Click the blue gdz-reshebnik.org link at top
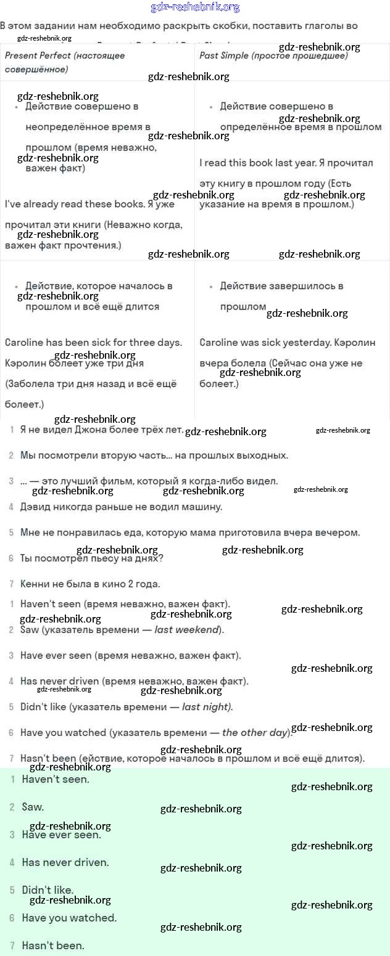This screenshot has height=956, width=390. (195, 7)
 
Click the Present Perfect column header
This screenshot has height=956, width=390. (65, 55)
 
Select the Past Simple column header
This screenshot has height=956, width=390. (273, 55)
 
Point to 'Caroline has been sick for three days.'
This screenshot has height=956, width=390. (93, 342)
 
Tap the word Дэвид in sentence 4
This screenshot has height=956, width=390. (35, 507)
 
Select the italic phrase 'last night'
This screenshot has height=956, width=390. (206, 706)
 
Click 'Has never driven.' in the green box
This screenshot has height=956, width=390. (65, 862)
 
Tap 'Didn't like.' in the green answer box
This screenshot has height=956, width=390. (48, 890)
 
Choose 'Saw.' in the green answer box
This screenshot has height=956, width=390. (33, 806)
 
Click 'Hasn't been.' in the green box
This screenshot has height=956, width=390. (53, 945)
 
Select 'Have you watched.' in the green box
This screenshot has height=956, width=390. (69, 918)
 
